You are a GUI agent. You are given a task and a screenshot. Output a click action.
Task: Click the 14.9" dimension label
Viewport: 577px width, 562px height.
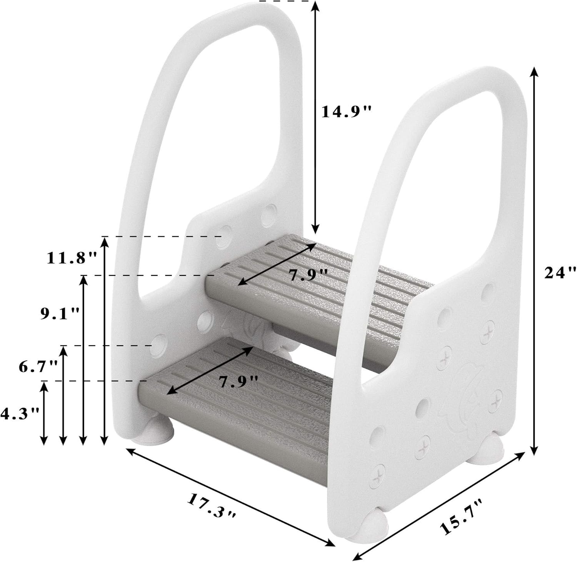pyautogui.click(x=347, y=112)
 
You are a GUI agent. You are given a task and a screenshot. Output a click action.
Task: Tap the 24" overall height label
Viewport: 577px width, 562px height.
pyautogui.click(x=560, y=273)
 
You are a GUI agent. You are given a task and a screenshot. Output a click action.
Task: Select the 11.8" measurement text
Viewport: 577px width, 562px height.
pyautogui.click(x=72, y=258)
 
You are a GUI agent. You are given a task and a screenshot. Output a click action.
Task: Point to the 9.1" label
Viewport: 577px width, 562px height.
pyautogui.click(x=60, y=314)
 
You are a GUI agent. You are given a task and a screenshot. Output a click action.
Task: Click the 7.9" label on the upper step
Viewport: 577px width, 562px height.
pyautogui.click(x=308, y=275)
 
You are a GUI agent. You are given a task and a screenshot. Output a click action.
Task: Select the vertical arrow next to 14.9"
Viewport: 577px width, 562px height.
pyautogui.click(x=315, y=115)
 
